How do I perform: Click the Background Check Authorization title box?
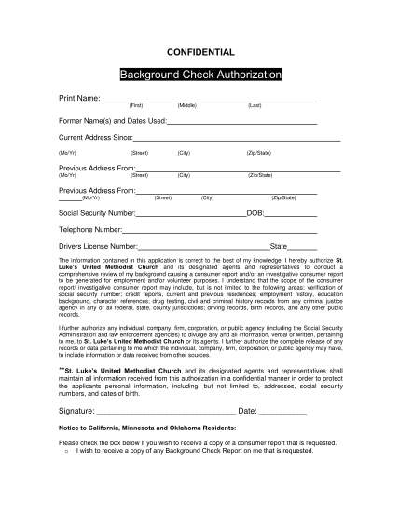[199, 74]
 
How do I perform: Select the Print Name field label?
[78, 98]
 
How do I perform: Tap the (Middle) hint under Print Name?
[186, 106]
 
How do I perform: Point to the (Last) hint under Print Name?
[255, 106]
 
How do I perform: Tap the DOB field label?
[255, 212]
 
